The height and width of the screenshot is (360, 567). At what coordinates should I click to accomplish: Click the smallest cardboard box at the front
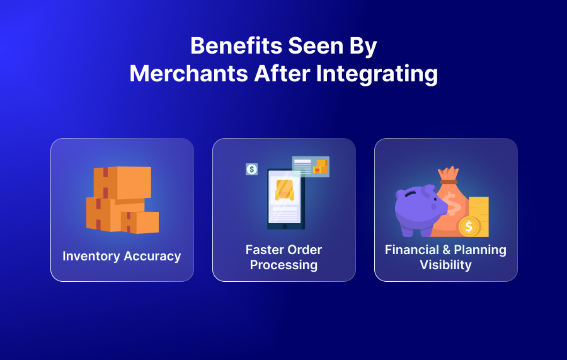coord(140,222)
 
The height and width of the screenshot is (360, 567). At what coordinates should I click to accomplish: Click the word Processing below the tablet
coord(283,265)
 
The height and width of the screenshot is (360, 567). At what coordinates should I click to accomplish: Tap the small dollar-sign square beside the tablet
coord(252,169)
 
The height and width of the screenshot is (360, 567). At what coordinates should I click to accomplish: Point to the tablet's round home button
coord(284,226)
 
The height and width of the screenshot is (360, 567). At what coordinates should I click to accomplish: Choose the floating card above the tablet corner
coord(311,166)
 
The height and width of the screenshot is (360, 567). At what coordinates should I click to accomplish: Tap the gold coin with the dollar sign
coord(469,225)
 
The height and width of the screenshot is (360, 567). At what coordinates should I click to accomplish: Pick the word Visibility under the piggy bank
coord(445,265)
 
